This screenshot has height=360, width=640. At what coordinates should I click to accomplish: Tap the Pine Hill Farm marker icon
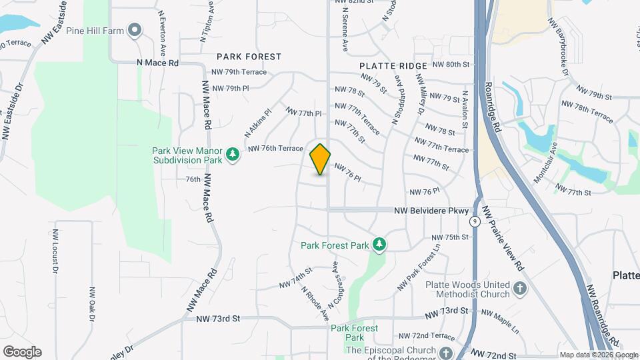(x=135, y=29)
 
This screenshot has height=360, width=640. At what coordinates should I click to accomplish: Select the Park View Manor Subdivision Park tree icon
(x=233, y=155)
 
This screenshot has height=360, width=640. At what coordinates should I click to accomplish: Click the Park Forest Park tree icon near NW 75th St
(x=379, y=245)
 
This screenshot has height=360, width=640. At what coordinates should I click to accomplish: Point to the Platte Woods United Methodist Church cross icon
(x=520, y=289)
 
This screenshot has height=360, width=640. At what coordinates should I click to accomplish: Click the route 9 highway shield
(x=474, y=221)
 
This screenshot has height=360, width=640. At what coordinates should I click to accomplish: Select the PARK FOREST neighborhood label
(x=249, y=57)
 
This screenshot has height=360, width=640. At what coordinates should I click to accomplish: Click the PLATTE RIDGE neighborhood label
(x=393, y=66)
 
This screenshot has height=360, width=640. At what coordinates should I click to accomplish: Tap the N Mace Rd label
(x=158, y=63)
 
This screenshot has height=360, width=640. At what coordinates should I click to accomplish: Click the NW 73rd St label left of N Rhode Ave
(x=218, y=319)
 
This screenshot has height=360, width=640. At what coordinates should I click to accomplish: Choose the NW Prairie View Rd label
(x=503, y=238)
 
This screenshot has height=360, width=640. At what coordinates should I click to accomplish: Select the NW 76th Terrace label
(x=275, y=148)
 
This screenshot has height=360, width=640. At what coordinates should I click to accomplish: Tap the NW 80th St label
(x=451, y=64)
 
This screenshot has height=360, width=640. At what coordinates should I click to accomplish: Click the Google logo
(x=22, y=351)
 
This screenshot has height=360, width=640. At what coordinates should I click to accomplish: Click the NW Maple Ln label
(x=499, y=317)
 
